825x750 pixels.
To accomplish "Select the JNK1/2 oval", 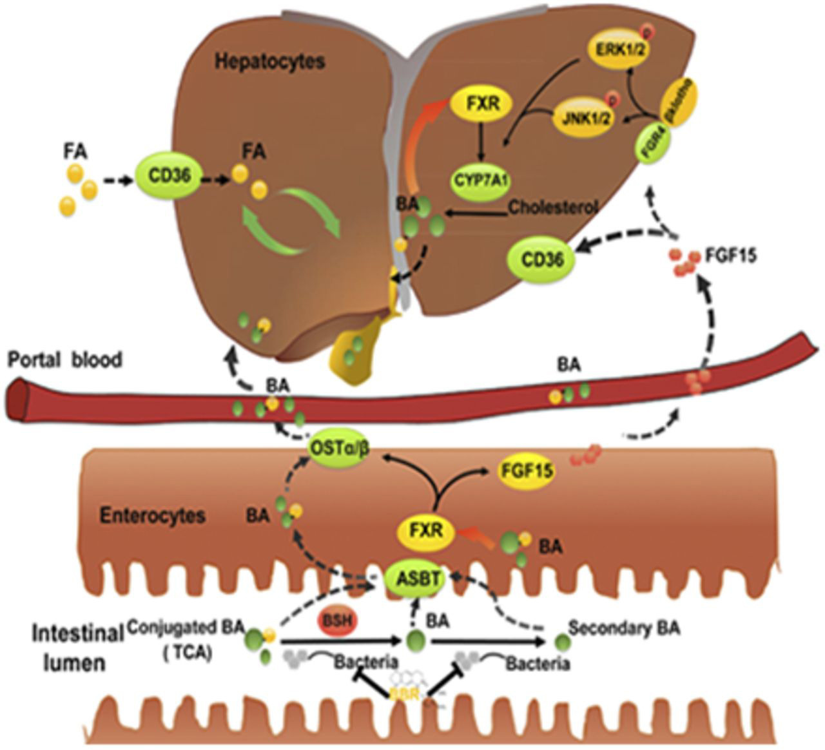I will tap(582, 118).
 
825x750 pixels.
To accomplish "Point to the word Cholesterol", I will tap(554, 207).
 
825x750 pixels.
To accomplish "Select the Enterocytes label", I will tap(153, 515).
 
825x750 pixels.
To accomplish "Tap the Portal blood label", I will tap(64, 360).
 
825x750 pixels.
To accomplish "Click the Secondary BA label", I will tap(626, 629).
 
